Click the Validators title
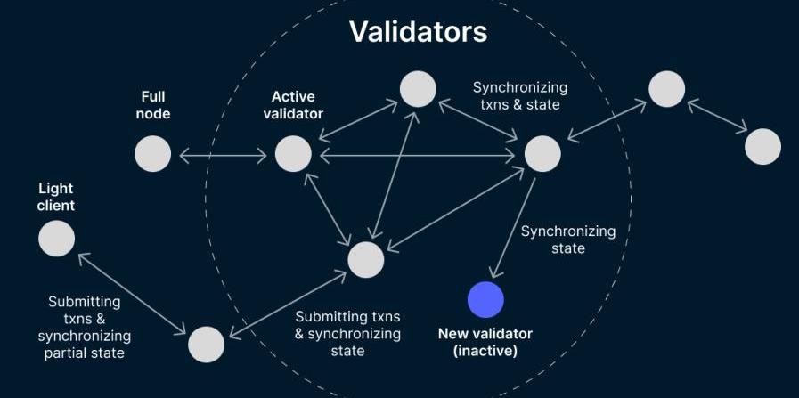tap(418, 32)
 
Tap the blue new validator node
tap(485, 300)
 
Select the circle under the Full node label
tap(153, 154)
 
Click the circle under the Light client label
tap(57, 239)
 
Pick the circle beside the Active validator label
tap(293, 154)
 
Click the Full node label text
tap(153, 104)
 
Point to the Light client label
tap(56, 197)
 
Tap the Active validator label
tap(293, 104)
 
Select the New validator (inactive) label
tap(485, 342)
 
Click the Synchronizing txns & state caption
tap(519, 96)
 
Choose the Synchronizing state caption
tap(567, 240)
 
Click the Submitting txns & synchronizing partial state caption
tap(84, 327)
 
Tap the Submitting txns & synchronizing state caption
tap(347, 333)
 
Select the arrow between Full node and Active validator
tap(223, 156)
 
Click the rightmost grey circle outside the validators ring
tap(762, 147)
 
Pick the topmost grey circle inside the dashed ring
tap(418, 89)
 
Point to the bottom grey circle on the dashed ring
tap(206, 345)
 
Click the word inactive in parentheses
tap(485, 351)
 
